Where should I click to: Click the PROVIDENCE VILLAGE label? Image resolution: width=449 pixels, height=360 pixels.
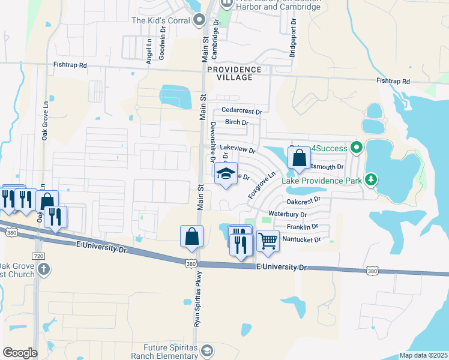pyautogui.click(x=234, y=70)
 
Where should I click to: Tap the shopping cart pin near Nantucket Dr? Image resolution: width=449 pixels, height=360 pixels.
pyautogui.click(x=268, y=240)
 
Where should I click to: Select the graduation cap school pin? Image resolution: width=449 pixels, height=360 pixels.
pyautogui.click(x=226, y=174)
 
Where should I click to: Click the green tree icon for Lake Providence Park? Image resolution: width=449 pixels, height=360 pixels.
pyautogui.click(x=372, y=179)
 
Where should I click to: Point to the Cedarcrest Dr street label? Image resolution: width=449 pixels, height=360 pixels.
pyautogui.click(x=242, y=111)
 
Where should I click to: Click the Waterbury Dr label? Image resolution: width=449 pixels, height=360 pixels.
pyautogui.click(x=288, y=214)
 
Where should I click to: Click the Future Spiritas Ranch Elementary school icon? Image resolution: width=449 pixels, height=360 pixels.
pyautogui.click(x=207, y=350)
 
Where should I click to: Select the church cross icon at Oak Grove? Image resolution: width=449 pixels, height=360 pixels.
pyautogui.click(x=43, y=268)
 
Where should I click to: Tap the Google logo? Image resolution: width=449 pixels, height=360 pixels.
pyautogui.click(x=20, y=352)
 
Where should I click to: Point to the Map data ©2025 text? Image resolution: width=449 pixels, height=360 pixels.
pyautogui.click(x=423, y=355)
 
